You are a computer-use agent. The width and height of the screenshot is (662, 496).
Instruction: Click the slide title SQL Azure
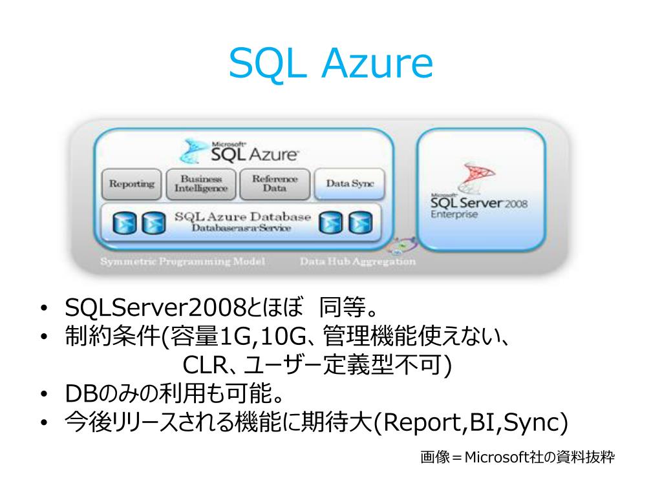(330, 63)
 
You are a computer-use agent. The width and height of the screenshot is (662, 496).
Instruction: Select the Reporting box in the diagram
(131, 184)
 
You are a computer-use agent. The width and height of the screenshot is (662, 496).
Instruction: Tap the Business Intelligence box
(201, 184)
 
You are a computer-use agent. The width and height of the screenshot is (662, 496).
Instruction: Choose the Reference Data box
(275, 184)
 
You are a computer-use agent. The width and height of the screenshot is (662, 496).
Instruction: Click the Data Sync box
(349, 184)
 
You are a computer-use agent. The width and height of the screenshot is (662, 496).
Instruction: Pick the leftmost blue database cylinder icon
(123, 223)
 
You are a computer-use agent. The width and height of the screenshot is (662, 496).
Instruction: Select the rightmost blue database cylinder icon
(357, 223)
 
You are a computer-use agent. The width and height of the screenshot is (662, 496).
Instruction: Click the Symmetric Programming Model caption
(182, 262)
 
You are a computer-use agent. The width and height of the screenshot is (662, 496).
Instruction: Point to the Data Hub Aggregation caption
(358, 262)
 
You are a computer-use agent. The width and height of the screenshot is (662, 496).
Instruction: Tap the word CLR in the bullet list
(203, 365)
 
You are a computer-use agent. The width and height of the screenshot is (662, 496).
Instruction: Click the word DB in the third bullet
(80, 393)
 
